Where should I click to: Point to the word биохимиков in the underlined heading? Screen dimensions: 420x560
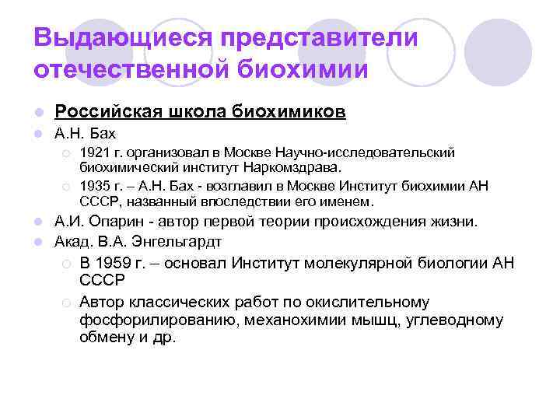[x=289, y=113]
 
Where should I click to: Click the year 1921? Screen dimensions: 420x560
[x=95, y=152]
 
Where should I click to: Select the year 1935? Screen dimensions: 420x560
[x=95, y=185]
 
